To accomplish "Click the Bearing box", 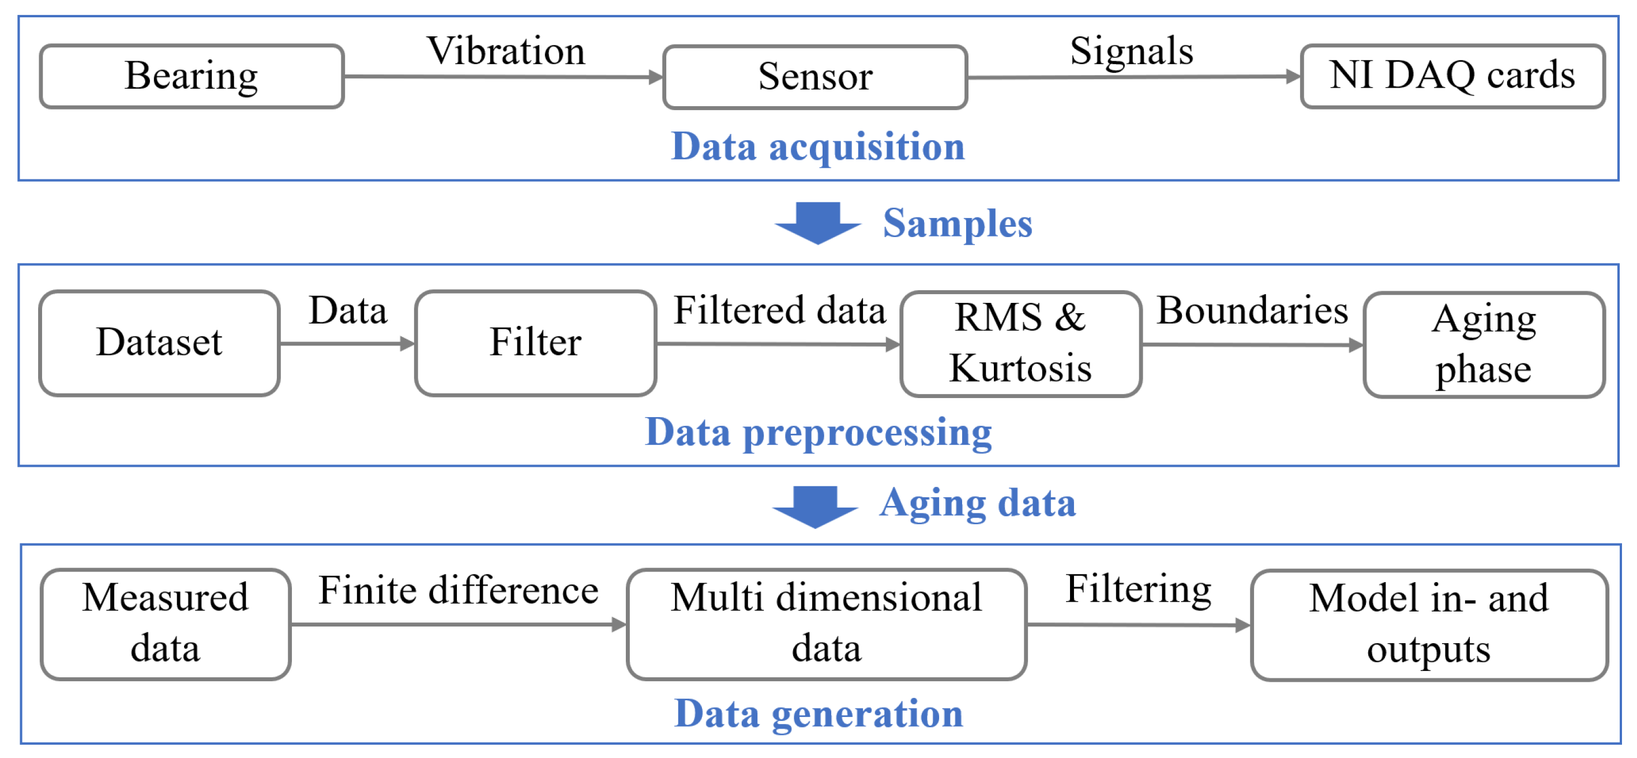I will [x=192, y=76].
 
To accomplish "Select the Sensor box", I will [x=814, y=77].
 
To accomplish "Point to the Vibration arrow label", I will [x=506, y=51].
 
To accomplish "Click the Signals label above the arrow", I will [x=1131, y=51].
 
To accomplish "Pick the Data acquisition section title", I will [x=818, y=147].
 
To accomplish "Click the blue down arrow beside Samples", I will [x=817, y=222].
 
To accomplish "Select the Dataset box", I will [x=160, y=343].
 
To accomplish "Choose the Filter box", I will [x=535, y=343].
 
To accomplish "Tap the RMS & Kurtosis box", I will [x=1020, y=344].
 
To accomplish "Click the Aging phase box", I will [x=1484, y=344].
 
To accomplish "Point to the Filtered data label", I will [x=779, y=311].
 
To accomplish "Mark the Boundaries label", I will [x=1252, y=311].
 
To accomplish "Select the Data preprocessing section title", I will [x=818, y=433].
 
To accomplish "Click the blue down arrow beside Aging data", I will [x=815, y=506].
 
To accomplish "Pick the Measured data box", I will [x=165, y=624].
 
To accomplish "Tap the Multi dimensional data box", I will [x=826, y=624].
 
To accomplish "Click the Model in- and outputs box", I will [x=1429, y=625].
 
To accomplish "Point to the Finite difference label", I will [x=458, y=590].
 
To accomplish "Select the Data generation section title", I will [x=818, y=714].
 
